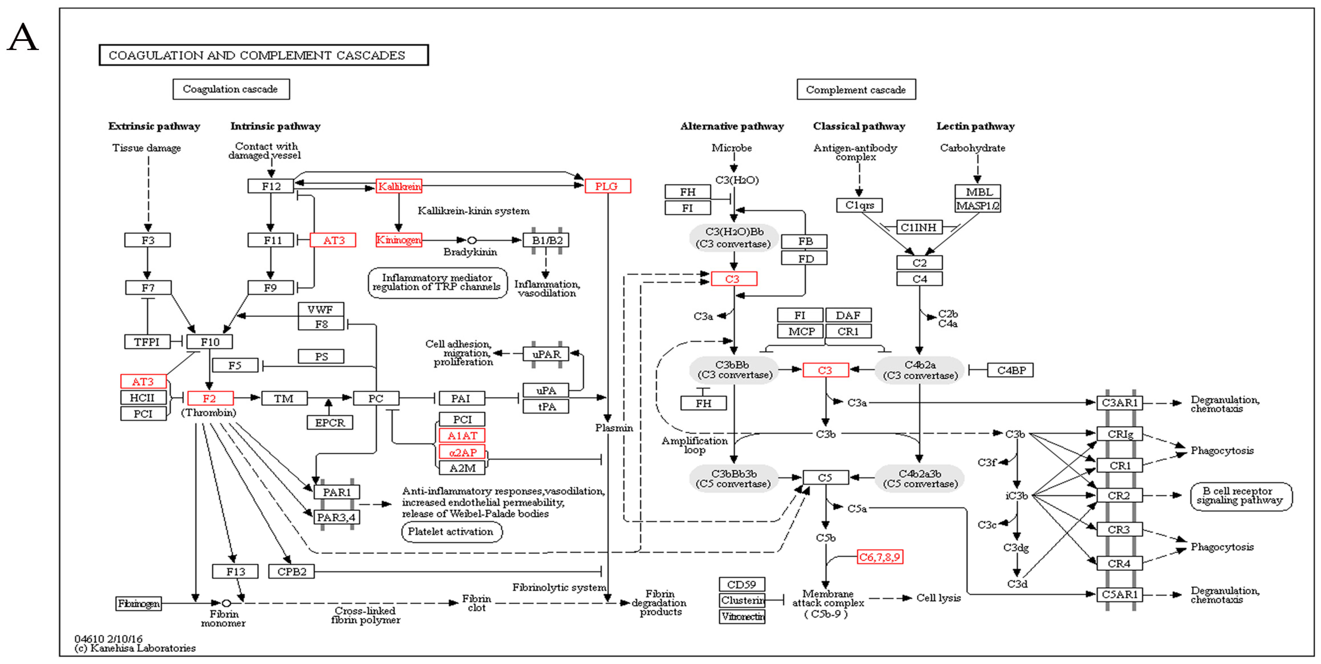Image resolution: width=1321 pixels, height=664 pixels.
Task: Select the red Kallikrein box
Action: pyautogui.click(x=399, y=186)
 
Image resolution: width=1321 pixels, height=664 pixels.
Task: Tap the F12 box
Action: pyautogui.click(x=271, y=186)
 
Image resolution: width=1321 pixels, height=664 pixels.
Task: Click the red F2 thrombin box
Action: pyautogui.click(x=210, y=398)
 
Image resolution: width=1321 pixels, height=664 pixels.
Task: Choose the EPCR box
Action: pyautogui.click(x=330, y=422)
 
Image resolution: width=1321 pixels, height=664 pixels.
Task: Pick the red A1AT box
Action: pyautogui.click(x=462, y=435)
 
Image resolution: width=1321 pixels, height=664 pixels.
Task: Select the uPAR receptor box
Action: pyautogui.click(x=546, y=354)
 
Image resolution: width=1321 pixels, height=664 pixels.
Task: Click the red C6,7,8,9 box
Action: pyautogui.click(x=879, y=557)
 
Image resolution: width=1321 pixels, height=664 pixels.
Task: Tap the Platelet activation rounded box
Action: pyautogui.click(x=451, y=532)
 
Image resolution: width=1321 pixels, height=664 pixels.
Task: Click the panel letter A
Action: pyautogui.click(x=23, y=37)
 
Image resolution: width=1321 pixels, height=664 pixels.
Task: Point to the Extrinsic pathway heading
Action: pyautogui.click(x=154, y=126)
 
